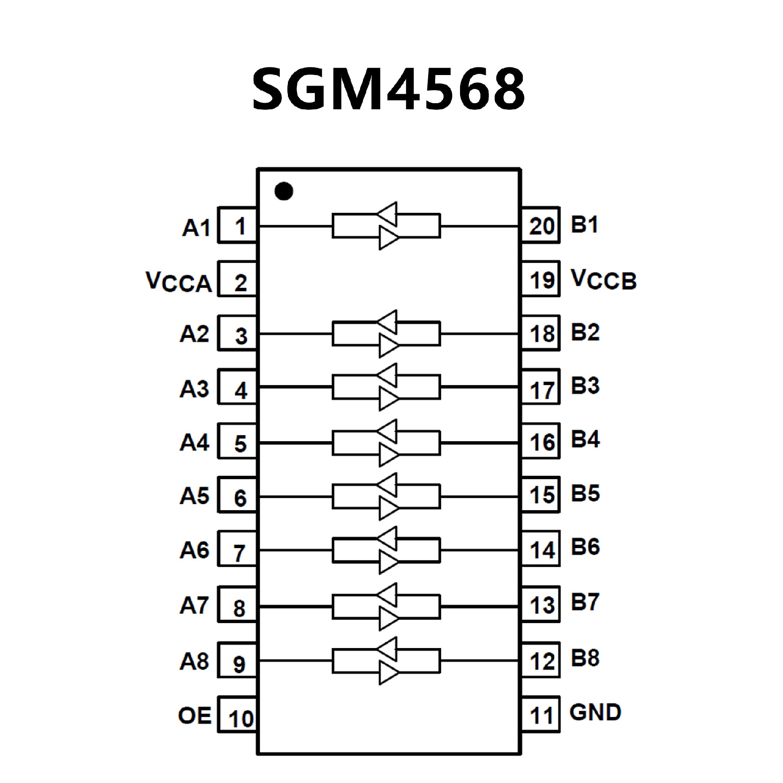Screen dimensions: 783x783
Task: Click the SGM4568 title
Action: pos(389,89)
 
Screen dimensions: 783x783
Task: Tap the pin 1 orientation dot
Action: pos(284,191)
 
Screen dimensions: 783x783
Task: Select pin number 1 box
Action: pos(238,226)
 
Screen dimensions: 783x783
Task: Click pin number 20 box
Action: pos(541,226)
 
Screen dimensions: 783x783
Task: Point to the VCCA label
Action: pos(179,281)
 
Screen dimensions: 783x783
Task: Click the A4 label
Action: pos(195,442)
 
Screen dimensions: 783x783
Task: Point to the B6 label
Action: pos(585,547)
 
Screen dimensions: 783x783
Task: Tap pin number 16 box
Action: pos(541,442)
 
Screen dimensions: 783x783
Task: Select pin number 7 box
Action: pos(238,551)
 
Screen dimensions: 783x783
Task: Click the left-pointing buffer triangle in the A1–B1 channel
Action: pos(388,213)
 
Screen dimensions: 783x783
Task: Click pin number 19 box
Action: pos(541,280)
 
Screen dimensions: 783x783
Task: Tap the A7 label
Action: pos(195,605)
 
